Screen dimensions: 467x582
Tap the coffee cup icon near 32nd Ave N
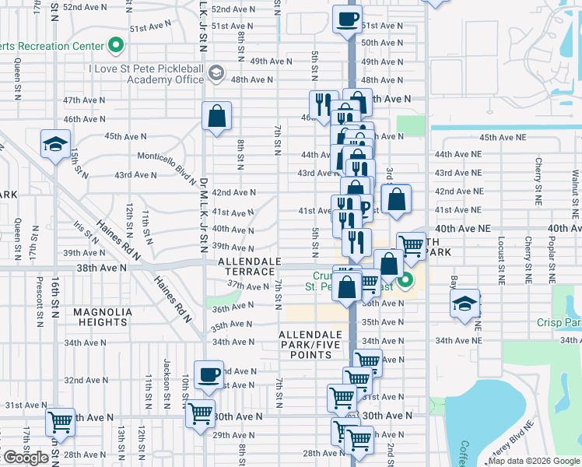click(x=209, y=374)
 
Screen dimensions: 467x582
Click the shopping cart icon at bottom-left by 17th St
click(x=60, y=422)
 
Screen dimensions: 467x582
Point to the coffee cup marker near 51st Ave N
click(x=347, y=18)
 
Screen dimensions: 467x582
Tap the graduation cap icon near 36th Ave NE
click(x=465, y=303)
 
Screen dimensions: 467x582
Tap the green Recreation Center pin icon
click(x=116, y=45)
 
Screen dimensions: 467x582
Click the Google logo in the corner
click(x=26, y=458)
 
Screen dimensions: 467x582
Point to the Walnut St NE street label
click(x=575, y=186)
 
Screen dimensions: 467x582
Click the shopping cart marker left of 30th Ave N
click(x=200, y=415)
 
